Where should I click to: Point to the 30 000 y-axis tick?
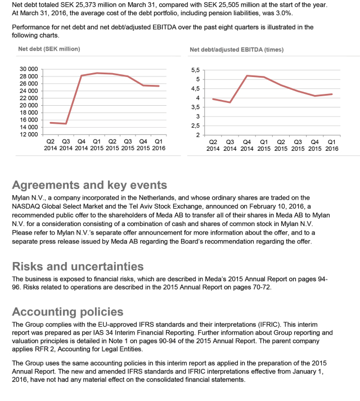28,69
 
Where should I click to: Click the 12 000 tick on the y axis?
28,134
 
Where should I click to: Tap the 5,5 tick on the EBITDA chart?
195,70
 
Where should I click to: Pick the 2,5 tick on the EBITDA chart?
195,125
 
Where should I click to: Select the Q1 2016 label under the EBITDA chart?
332,145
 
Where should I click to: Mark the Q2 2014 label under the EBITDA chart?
213,145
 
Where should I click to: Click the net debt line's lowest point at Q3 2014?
66,124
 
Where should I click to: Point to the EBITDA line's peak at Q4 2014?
247,75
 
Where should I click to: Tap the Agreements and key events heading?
89,184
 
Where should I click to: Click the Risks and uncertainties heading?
78,266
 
